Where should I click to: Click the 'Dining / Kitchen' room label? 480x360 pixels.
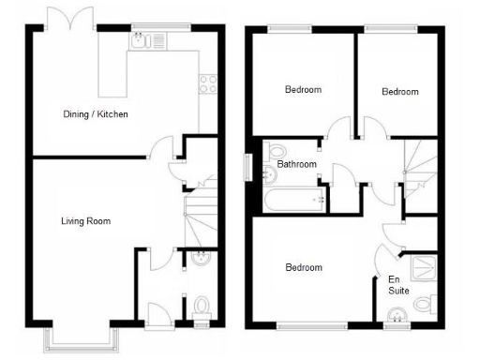(x=95, y=114)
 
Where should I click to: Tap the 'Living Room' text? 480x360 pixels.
(x=86, y=222)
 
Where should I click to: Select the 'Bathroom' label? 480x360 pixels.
(x=297, y=165)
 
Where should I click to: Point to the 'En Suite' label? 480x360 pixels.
(x=398, y=285)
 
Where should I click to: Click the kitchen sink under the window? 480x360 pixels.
(x=141, y=40)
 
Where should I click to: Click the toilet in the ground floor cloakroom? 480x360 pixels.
(x=201, y=305)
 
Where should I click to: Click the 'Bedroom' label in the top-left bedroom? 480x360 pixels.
(x=303, y=90)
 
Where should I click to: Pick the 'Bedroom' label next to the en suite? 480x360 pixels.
(x=303, y=268)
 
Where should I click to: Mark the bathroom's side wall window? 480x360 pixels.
(x=247, y=165)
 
